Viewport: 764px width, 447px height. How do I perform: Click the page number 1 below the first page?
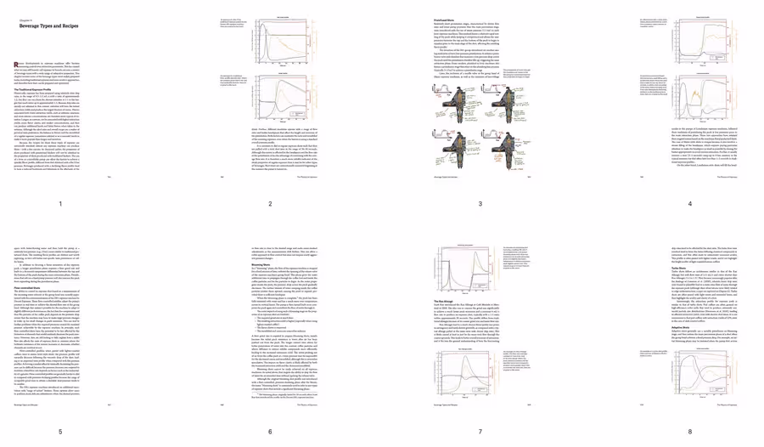coord(60,205)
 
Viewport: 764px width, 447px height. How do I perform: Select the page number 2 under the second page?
coord(271,205)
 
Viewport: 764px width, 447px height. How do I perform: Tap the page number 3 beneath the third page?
coord(480,205)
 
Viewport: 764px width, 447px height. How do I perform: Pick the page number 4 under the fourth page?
coord(690,205)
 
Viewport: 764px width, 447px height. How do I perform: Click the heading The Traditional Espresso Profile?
coord(37,88)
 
